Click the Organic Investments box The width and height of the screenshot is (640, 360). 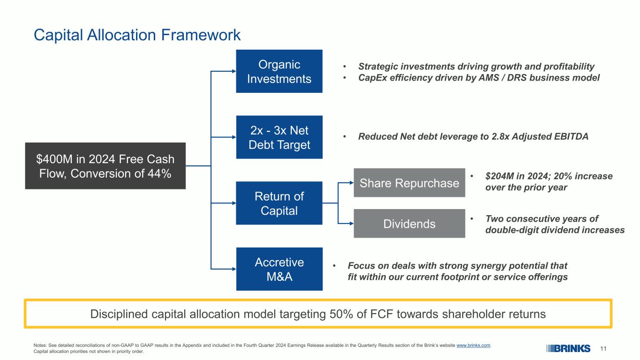click(x=279, y=71)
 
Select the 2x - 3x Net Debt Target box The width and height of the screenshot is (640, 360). click(x=279, y=137)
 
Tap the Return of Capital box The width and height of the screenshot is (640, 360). click(x=279, y=203)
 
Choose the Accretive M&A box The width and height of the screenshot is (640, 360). click(x=279, y=269)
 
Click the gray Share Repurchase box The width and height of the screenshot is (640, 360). click(x=409, y=183)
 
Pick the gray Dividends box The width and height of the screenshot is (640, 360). click(x=409, y=224)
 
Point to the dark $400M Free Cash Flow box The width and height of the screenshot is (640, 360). click(x=105, y=166)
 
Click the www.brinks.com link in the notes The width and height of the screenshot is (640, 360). click(x=473, y=345)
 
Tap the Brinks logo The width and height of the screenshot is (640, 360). click(x=568, y=349)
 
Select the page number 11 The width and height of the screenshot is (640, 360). click(x=603, y=349)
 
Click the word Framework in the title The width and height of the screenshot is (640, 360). click(x=201, y=35)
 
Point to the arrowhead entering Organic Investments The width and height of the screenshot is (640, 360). click(x=234, y=71)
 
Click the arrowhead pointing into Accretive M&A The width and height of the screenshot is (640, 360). click(x=234, y=269)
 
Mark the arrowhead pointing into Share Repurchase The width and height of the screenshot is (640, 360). click(x=352, y=182)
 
